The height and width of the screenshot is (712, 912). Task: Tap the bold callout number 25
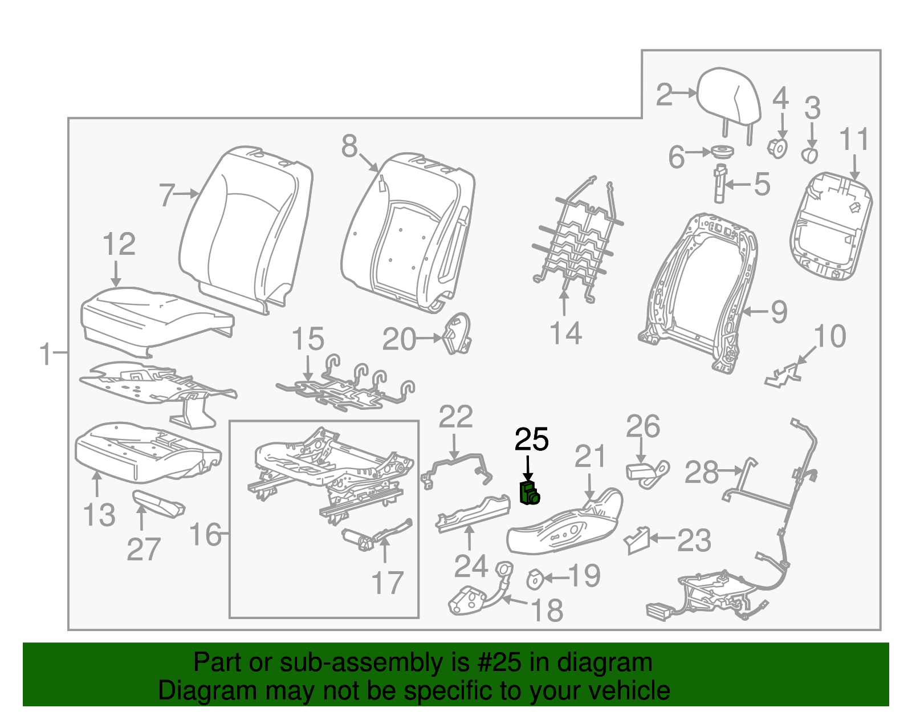tap(531, 440)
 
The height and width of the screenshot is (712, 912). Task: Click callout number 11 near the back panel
tap(854, 140)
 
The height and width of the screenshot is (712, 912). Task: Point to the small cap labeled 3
tap(810, 154)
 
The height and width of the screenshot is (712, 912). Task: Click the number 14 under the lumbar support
tap(565, 333)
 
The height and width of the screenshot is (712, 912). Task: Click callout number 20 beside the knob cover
tap(399, 340)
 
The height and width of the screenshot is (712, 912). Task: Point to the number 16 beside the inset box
tap(205, 535)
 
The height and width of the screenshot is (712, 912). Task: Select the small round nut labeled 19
tap(535, 579)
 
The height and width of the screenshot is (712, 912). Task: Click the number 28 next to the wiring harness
tap(701, 473)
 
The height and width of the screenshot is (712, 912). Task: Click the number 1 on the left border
tap(46, 354)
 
